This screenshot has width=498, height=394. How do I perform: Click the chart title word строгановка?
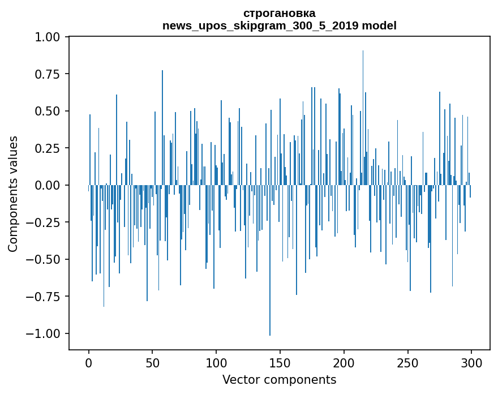279,13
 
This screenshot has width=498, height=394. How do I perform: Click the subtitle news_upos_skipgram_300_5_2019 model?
279,25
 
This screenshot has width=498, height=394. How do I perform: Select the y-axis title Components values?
13,194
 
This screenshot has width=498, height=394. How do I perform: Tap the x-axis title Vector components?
279,380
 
